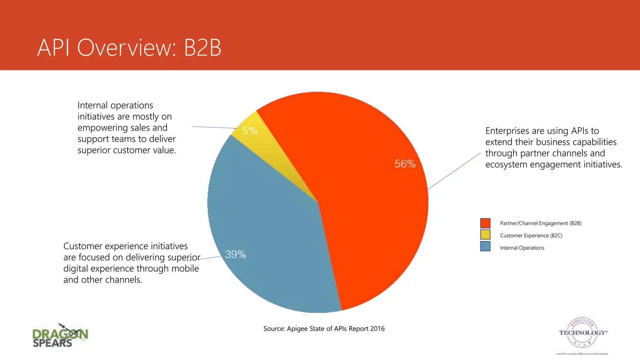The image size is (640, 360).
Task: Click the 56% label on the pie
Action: point(405,164)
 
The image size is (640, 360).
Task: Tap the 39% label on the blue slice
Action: point(235,254)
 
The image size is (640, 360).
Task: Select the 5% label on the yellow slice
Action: point(250,131)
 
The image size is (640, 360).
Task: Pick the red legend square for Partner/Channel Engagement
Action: point(485,223)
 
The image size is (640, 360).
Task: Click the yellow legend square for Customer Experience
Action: point(485,234)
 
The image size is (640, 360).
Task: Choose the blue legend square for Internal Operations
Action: point(485,246)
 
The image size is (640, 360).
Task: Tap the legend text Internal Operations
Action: point(522,248)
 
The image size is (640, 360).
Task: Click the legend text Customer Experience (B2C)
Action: point(531,236)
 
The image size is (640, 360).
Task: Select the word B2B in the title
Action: point(202,48)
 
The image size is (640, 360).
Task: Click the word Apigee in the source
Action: point(297,329)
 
